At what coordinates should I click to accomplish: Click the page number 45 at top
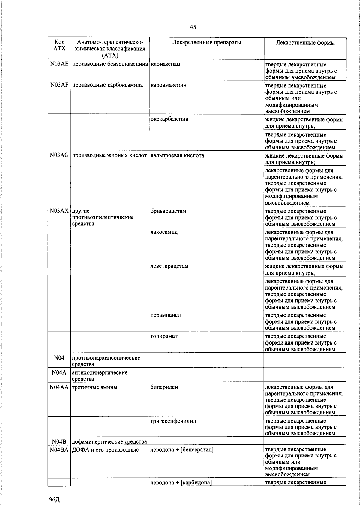click(x=193, y=27)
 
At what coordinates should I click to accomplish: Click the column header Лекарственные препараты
click(x=207, y=43)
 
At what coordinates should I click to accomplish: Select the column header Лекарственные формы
click(x=305, y=43)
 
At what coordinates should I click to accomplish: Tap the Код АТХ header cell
click(x=59, y=45)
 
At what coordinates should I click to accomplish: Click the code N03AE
click(x=59, y=64)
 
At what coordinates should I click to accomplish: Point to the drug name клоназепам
click(x=165, y=64)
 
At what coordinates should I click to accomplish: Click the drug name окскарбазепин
click(x=169, y=119)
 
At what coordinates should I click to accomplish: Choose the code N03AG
click(x=59, y=155)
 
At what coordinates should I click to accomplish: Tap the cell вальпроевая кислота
click(x=177, y=155)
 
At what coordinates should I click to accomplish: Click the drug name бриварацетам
click(x=168, y=211)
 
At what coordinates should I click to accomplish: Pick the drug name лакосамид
click(x=164, y=232)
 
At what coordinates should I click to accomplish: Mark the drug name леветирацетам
click(x=169, y=266)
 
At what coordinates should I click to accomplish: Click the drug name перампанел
click(x=166, y=315)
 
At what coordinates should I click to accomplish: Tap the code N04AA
click(x=59, y=387)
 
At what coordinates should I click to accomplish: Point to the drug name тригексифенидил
click(x=173, y=421)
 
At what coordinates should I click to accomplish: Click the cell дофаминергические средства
click(x=109, y=442)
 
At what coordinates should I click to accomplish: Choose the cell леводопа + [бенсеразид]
click(x=182, y=450)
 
